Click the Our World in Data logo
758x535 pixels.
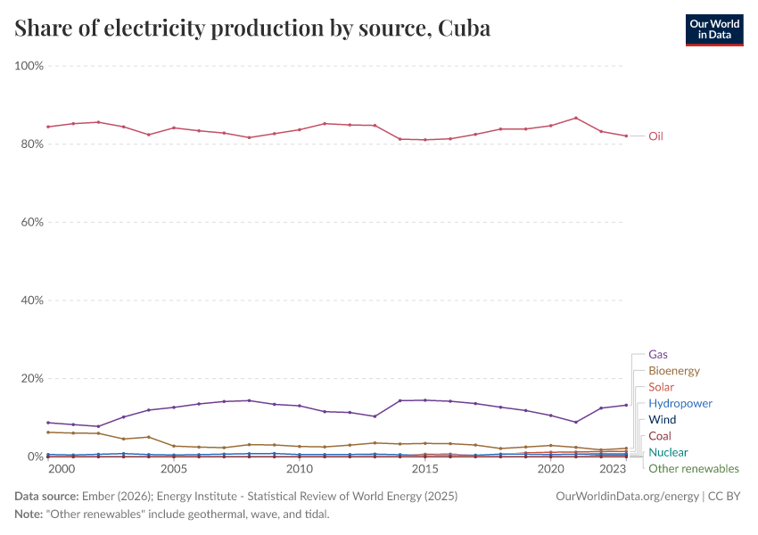[x=713, y=29]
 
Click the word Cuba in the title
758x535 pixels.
[x=464, y=29]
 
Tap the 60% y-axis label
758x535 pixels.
[x=32, y=222]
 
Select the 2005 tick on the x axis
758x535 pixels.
[x=174, y=469]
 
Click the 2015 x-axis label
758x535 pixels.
[x=424, y=469]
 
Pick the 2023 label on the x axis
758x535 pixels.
[x=613, y=469]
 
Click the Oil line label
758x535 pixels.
[x=655, y=136]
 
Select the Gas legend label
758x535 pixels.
[x=658, y=354]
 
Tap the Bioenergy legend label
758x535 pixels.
[x=674, y=371]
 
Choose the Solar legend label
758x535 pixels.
[x=661, y=387]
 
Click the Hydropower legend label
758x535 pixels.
[x=680, y=404]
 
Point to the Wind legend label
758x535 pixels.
[x=662, y=420]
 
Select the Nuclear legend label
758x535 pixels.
[x=668, y=453]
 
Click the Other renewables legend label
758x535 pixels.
[x=693, y=469]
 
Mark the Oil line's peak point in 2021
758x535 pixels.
[x=576, y=118]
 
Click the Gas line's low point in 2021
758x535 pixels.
[x=576, y=422]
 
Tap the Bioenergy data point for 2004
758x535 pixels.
[x=149, y=437]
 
